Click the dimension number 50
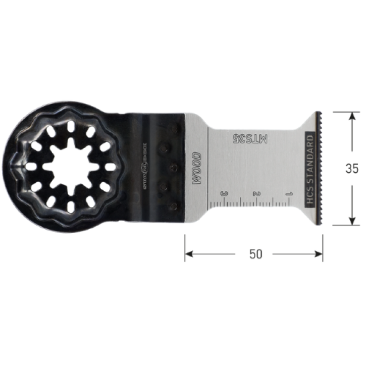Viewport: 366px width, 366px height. coord(256,254)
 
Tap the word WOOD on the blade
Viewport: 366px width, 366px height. coord(197,168)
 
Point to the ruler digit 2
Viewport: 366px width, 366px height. coord(256,193)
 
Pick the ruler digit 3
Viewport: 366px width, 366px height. coord(223,193)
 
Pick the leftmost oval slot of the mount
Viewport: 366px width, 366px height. coord(29,167)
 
